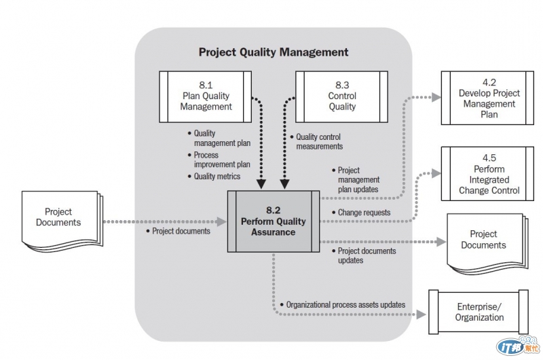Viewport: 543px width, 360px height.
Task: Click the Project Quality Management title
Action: click(x=274, y=52)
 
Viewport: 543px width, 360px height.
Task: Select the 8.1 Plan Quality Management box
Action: click(x=206, y=96)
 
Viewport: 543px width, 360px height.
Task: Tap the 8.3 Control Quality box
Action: click(x=342, y=96)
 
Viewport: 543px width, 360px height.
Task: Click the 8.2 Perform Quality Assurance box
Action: click(x=273, y=221)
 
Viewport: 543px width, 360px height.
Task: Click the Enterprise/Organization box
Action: click(x=480, y=312)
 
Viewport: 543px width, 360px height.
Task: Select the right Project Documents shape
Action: click(x=483, y=240)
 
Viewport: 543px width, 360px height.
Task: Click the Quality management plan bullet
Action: click(x=221, y=138)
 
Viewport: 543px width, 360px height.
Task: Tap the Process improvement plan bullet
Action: click(x=221, y=160)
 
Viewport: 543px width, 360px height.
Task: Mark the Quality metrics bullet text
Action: click(x=217, y=177)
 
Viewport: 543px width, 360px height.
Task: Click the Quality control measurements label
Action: click(x=319, y=141)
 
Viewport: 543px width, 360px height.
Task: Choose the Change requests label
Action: click(x=364, y=213)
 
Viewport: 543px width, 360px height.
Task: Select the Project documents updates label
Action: click(x=367, y=255)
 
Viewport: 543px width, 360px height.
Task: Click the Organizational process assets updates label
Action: click(x=345, y=305)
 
